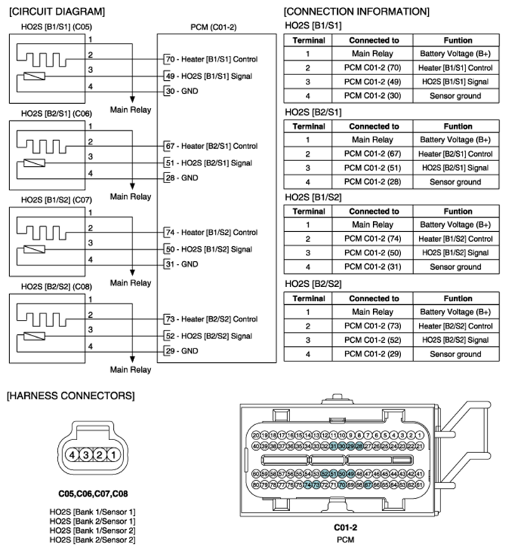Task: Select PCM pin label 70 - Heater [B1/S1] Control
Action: (211, 59)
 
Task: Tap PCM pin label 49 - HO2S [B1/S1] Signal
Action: (208, 75)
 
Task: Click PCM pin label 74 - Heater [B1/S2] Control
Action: (211, 233)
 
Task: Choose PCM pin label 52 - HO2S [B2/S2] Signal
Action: (208, 336)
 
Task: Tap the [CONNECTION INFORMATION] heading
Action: (356, 12)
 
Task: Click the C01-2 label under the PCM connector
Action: (345, 527)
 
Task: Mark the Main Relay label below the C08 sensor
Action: (130, 370)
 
